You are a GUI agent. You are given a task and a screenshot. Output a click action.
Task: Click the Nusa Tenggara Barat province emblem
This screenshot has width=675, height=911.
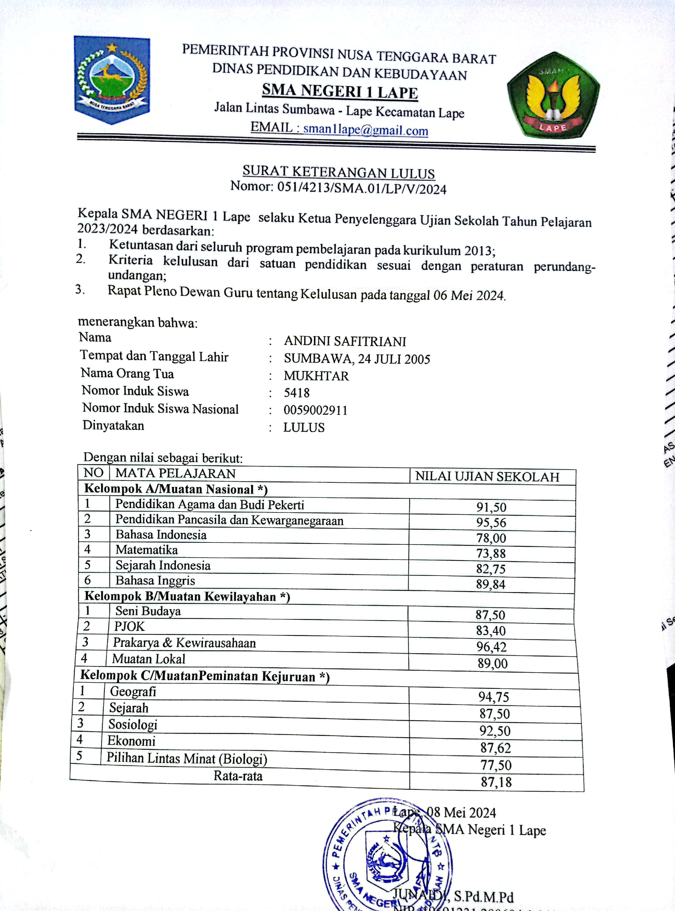(x=112, y=80)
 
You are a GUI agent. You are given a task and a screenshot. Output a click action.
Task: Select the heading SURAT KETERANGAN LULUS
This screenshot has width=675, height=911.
(x=338, y=172)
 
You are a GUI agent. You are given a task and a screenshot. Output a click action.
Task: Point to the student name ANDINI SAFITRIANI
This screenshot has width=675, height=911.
(x=345, y=341)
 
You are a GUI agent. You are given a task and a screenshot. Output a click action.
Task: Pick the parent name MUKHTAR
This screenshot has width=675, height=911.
(x=316, y=376)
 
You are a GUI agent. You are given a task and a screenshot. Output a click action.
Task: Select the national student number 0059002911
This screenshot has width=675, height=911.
(x=315, y=410)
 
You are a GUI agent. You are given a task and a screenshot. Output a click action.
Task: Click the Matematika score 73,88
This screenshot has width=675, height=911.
(x=491, y=553)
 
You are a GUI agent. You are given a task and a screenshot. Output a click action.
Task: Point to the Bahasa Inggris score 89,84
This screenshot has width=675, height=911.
(x=490, y=584)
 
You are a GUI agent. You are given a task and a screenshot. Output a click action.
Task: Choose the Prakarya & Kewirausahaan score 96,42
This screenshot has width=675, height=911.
(x=491, y=647)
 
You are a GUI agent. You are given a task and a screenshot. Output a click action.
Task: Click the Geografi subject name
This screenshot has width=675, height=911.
(x=133, y=691)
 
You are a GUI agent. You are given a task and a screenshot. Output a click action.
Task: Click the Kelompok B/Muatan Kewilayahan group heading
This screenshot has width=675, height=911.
(x=187, y=596)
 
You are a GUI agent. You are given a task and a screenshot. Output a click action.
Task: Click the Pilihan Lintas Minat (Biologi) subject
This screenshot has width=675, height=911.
(x=187, y=758)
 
